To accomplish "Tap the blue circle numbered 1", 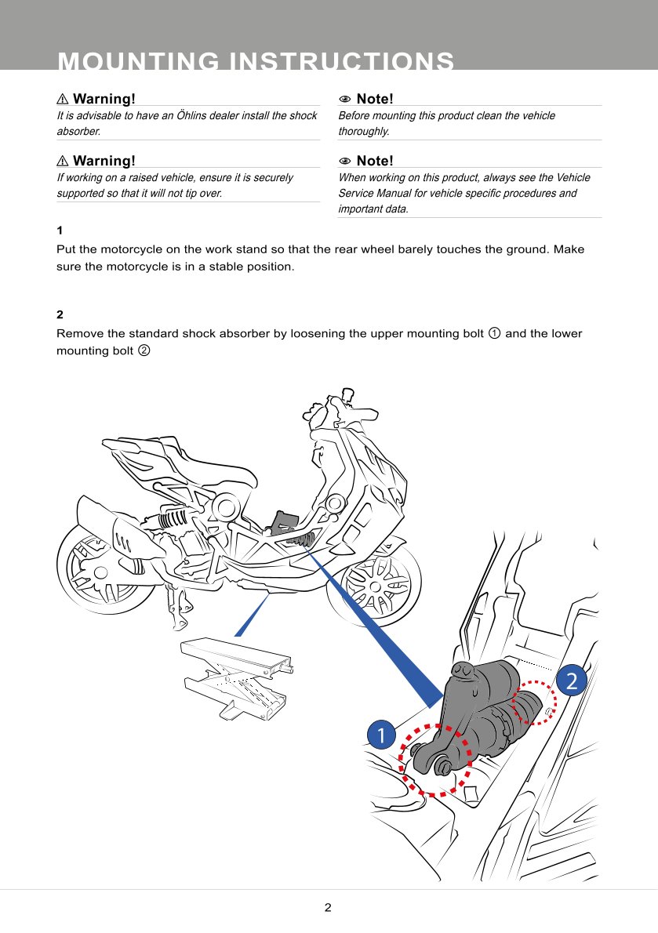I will point(380,735).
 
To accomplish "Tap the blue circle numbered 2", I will point(571,680).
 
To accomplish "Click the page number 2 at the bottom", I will point(328,908).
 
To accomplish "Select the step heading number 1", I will point(60,231).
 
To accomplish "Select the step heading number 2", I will point(60,315).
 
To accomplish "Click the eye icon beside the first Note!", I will point(344,100).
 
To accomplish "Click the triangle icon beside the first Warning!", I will point(63,100).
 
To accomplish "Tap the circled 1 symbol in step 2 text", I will point(494,334).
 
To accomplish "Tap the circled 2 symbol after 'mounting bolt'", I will point(144,350).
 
